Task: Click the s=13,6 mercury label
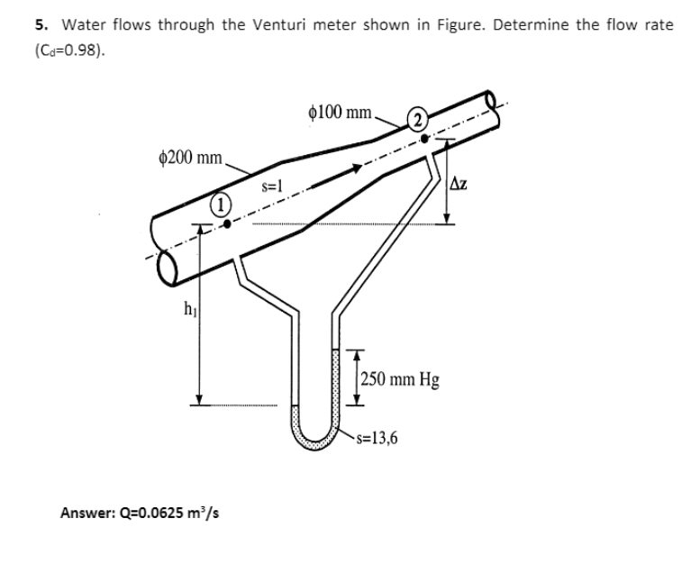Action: tap(378, 439)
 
